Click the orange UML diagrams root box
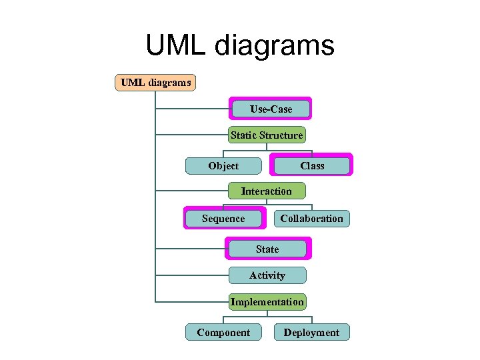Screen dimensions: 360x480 click(x=155, y=83)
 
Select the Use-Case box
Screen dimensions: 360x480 click(x=271, y=109)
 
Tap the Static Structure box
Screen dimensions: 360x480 click(x=267, y=135)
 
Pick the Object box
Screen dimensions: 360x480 click(x=223, y=166)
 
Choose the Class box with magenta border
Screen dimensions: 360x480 click(x=311, y=166)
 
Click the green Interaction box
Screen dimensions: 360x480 click(x=267, y=191)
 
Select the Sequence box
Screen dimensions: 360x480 click(x=223, y=219)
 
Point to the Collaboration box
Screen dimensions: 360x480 click(x=311, y=219)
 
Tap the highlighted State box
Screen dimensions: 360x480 click(x=267, y=249)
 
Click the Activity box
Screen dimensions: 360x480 click(x=267, y=275)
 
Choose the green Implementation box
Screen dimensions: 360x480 click(x=267, y=302)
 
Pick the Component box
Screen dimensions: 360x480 click(x=223, y=333)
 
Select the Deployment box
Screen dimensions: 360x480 click(x=311, y=333)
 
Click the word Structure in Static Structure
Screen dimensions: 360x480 click(x=281, y=135)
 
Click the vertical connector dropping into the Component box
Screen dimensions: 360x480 click(x=223, y=318)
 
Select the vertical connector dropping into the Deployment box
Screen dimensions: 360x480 click(x=311, y=318)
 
